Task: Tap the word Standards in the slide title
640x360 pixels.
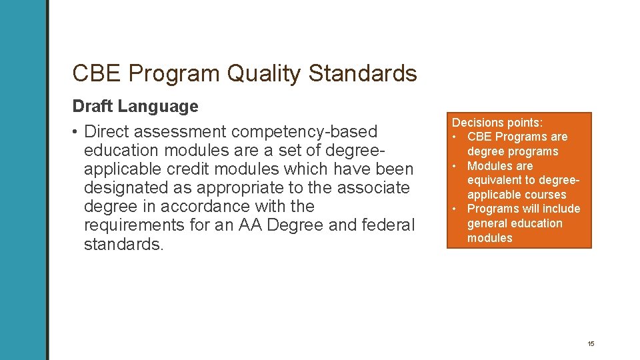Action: pos(363,73)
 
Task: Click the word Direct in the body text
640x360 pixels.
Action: pos(113,131)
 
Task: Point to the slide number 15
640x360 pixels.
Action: pos(591,343)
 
